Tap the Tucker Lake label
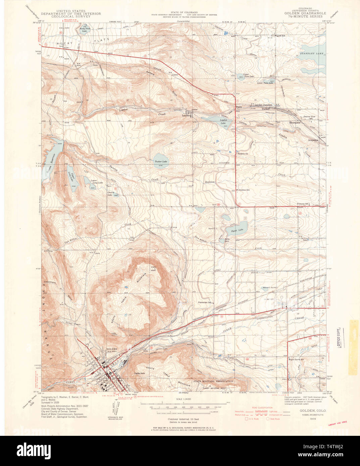click(161, 161)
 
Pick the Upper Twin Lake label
click(249, 75)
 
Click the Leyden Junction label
click(263, 105)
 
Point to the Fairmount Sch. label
click(204, 302)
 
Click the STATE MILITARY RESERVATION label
click(213, 382)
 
